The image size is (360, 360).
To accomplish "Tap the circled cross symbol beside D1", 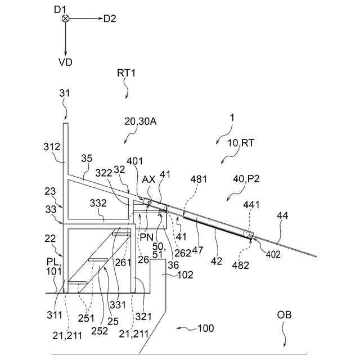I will pos(65,19).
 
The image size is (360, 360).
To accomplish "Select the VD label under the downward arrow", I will pos(65,62).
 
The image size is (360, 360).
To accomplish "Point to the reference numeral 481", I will pos(198,179).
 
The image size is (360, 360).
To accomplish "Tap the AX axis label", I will pos(148,179).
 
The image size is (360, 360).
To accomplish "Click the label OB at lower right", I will pos(285,314).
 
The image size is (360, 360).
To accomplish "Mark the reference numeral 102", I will pos(184,275).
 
